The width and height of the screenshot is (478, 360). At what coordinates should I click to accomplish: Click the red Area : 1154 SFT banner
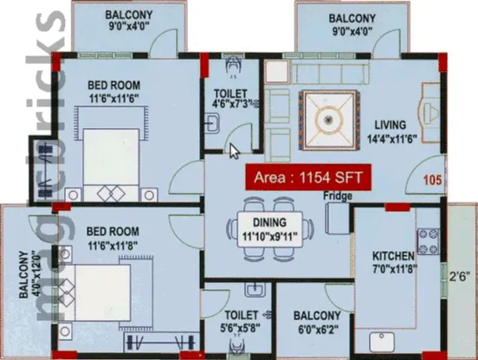[308, 177]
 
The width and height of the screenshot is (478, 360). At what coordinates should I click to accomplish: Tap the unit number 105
[432, 180]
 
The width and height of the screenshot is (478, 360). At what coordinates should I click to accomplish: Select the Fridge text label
[338, 196]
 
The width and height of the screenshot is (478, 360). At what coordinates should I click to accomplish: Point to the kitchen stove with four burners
[429, 241]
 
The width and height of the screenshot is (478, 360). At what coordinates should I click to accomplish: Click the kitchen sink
[382, 342]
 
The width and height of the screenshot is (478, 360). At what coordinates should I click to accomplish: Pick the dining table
[270, 230]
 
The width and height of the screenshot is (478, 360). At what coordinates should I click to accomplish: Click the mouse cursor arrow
[234, 151]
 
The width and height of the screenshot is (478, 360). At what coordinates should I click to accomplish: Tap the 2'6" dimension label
[458, 277]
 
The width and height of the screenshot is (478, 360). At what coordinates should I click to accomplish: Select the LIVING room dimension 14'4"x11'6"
[391, 139]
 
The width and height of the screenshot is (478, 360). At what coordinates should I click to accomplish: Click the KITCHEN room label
[393, 256]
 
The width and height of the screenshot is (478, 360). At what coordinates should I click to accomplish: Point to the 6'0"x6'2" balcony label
[316, 329]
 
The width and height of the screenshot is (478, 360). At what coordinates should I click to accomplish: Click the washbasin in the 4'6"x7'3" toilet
[211, 124]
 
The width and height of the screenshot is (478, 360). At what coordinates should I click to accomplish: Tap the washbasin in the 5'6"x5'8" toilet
[255, 289]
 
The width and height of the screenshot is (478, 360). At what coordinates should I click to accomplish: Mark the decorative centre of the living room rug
[328, 120]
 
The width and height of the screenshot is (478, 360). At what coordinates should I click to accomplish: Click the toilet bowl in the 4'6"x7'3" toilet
[233, 66]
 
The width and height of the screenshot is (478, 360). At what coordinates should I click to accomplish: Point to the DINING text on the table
[270, 222]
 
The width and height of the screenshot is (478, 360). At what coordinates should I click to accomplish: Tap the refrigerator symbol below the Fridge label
[337, 218]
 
